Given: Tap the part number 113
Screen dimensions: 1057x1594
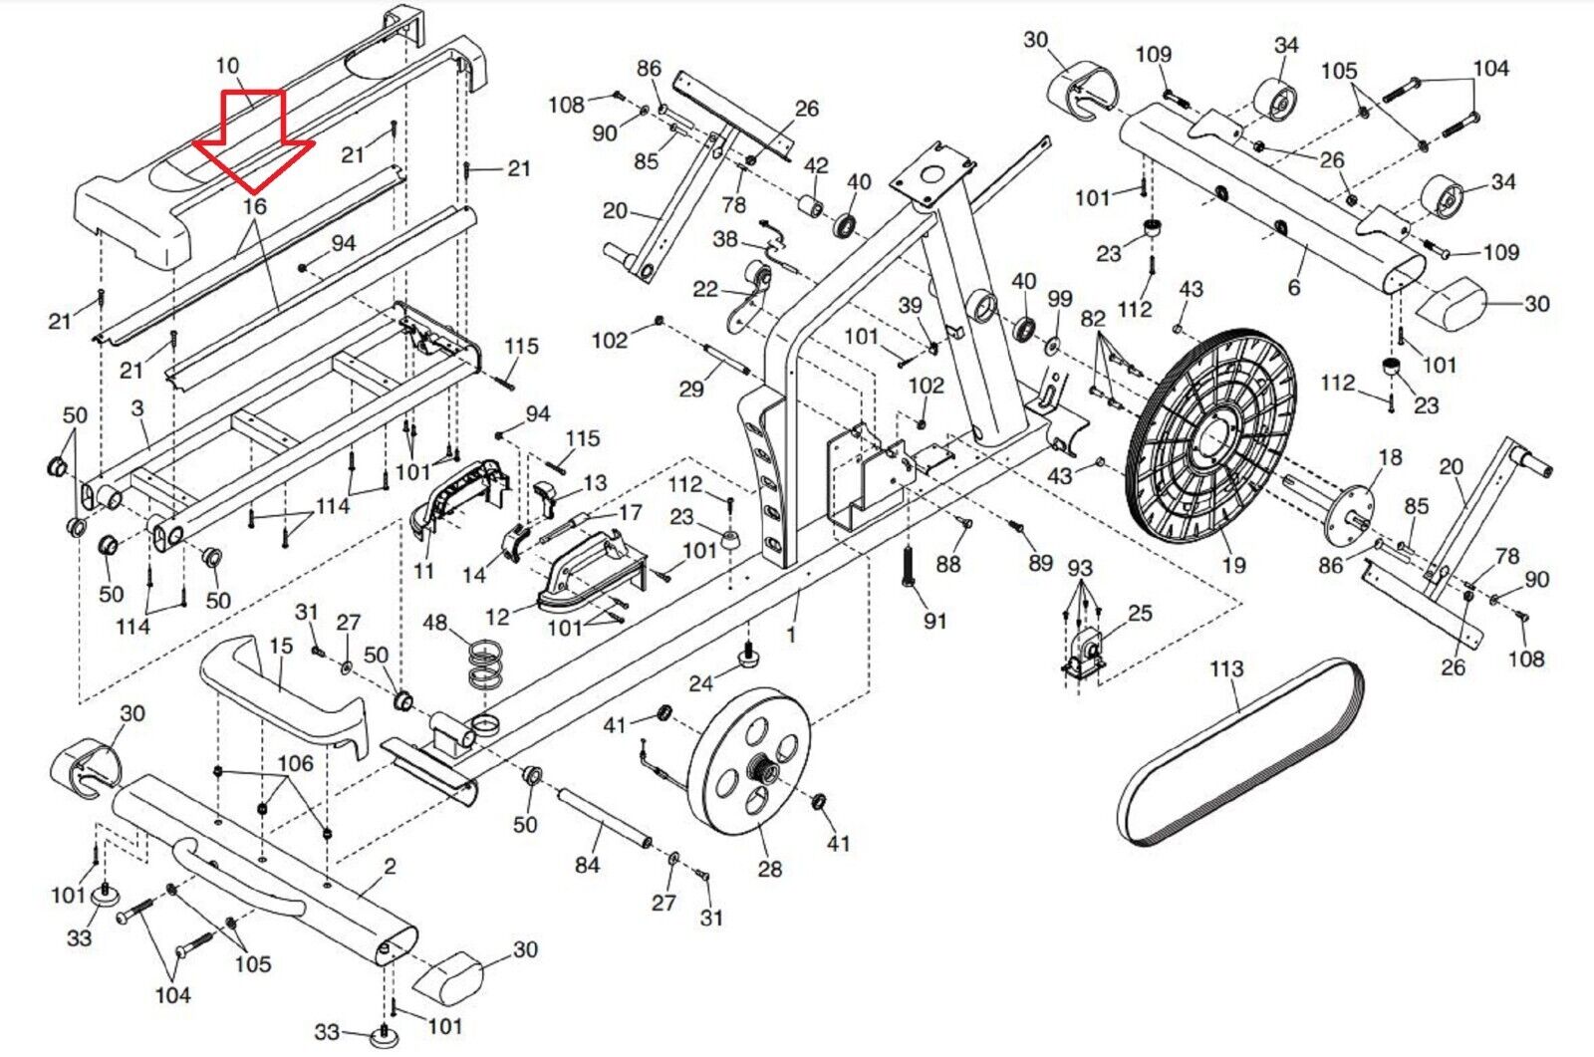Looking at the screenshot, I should pos(1226,667).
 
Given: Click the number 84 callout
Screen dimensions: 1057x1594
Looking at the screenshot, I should pos(587,865).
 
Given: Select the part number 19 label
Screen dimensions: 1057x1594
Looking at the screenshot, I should pos(1233,565).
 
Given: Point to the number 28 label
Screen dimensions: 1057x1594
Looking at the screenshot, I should pos(769,869).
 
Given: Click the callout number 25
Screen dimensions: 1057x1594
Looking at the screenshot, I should pos(1140,613).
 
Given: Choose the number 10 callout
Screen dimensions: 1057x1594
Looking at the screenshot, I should pos(227,66).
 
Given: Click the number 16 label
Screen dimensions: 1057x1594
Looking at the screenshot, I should pos(255,206).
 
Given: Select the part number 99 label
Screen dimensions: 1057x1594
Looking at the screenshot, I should pos(1059,299).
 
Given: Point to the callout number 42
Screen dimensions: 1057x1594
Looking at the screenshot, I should pos(816,165).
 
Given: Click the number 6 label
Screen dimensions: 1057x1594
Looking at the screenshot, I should pos(1293,287).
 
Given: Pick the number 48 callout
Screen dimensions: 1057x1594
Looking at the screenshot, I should pos(435,624).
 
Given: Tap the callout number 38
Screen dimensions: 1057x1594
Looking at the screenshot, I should pos(725,239).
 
